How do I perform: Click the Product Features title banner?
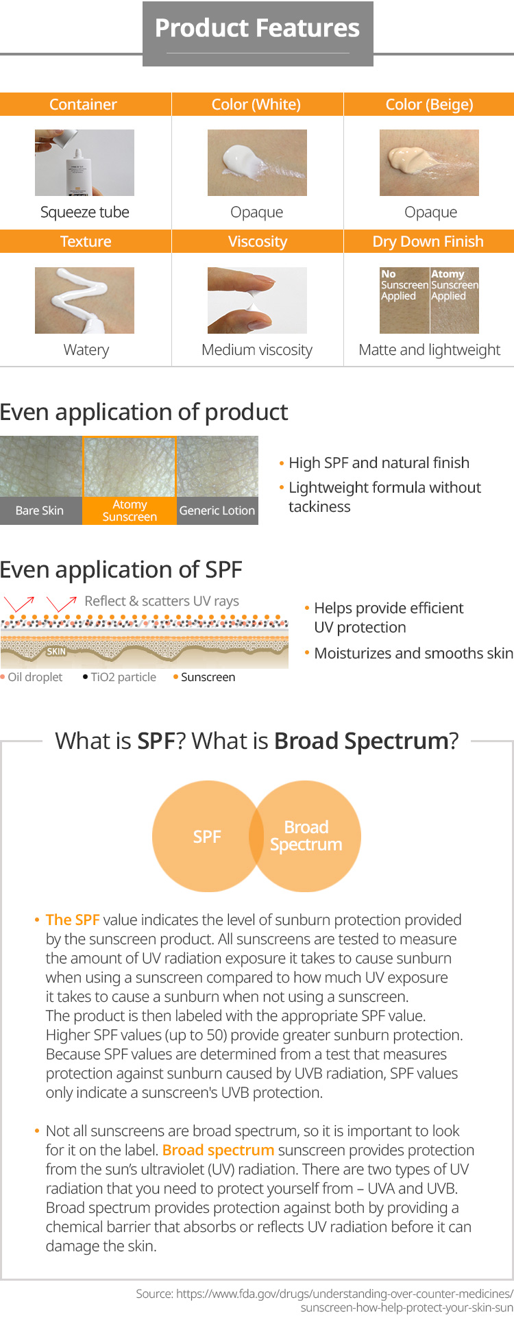pyautogui.click(x=258, y=34)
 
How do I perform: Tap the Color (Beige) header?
pyautogui.click(x=429, y=104)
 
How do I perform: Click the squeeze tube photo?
pyautogui.click(x=84, y=162)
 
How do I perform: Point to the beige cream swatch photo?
pyautogui.click(x=429, y=162)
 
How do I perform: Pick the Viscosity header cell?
pyautogui.click(x=257, y=241)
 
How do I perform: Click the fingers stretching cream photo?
pyautogui.click(x=257, y=300)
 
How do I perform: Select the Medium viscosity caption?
pyautogui.click(x=257, y=349)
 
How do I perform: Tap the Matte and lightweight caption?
pyautogui.click(x=430, y=349)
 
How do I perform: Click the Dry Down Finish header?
pyautogui.click(x=429, y=241)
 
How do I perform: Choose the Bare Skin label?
pyautogui.click(x=40, y=510)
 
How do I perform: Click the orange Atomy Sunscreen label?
pyautogui.click(x=130, y=510)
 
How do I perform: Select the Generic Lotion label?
pyautogui.click(x=217, y=510)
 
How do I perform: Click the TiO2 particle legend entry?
pyautogui.click(x=119, y=677)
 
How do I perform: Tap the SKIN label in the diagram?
pyautogui.click(x=56, y=652)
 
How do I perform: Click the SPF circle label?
pyautogui.click(x=207, y=837)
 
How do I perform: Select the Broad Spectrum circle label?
pyautogui.click(x=306, y=836)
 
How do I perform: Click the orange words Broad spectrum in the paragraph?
pyautogui.click(x=219, y=1150)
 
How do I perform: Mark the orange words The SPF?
pyautogui.click(x=73, y=920)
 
